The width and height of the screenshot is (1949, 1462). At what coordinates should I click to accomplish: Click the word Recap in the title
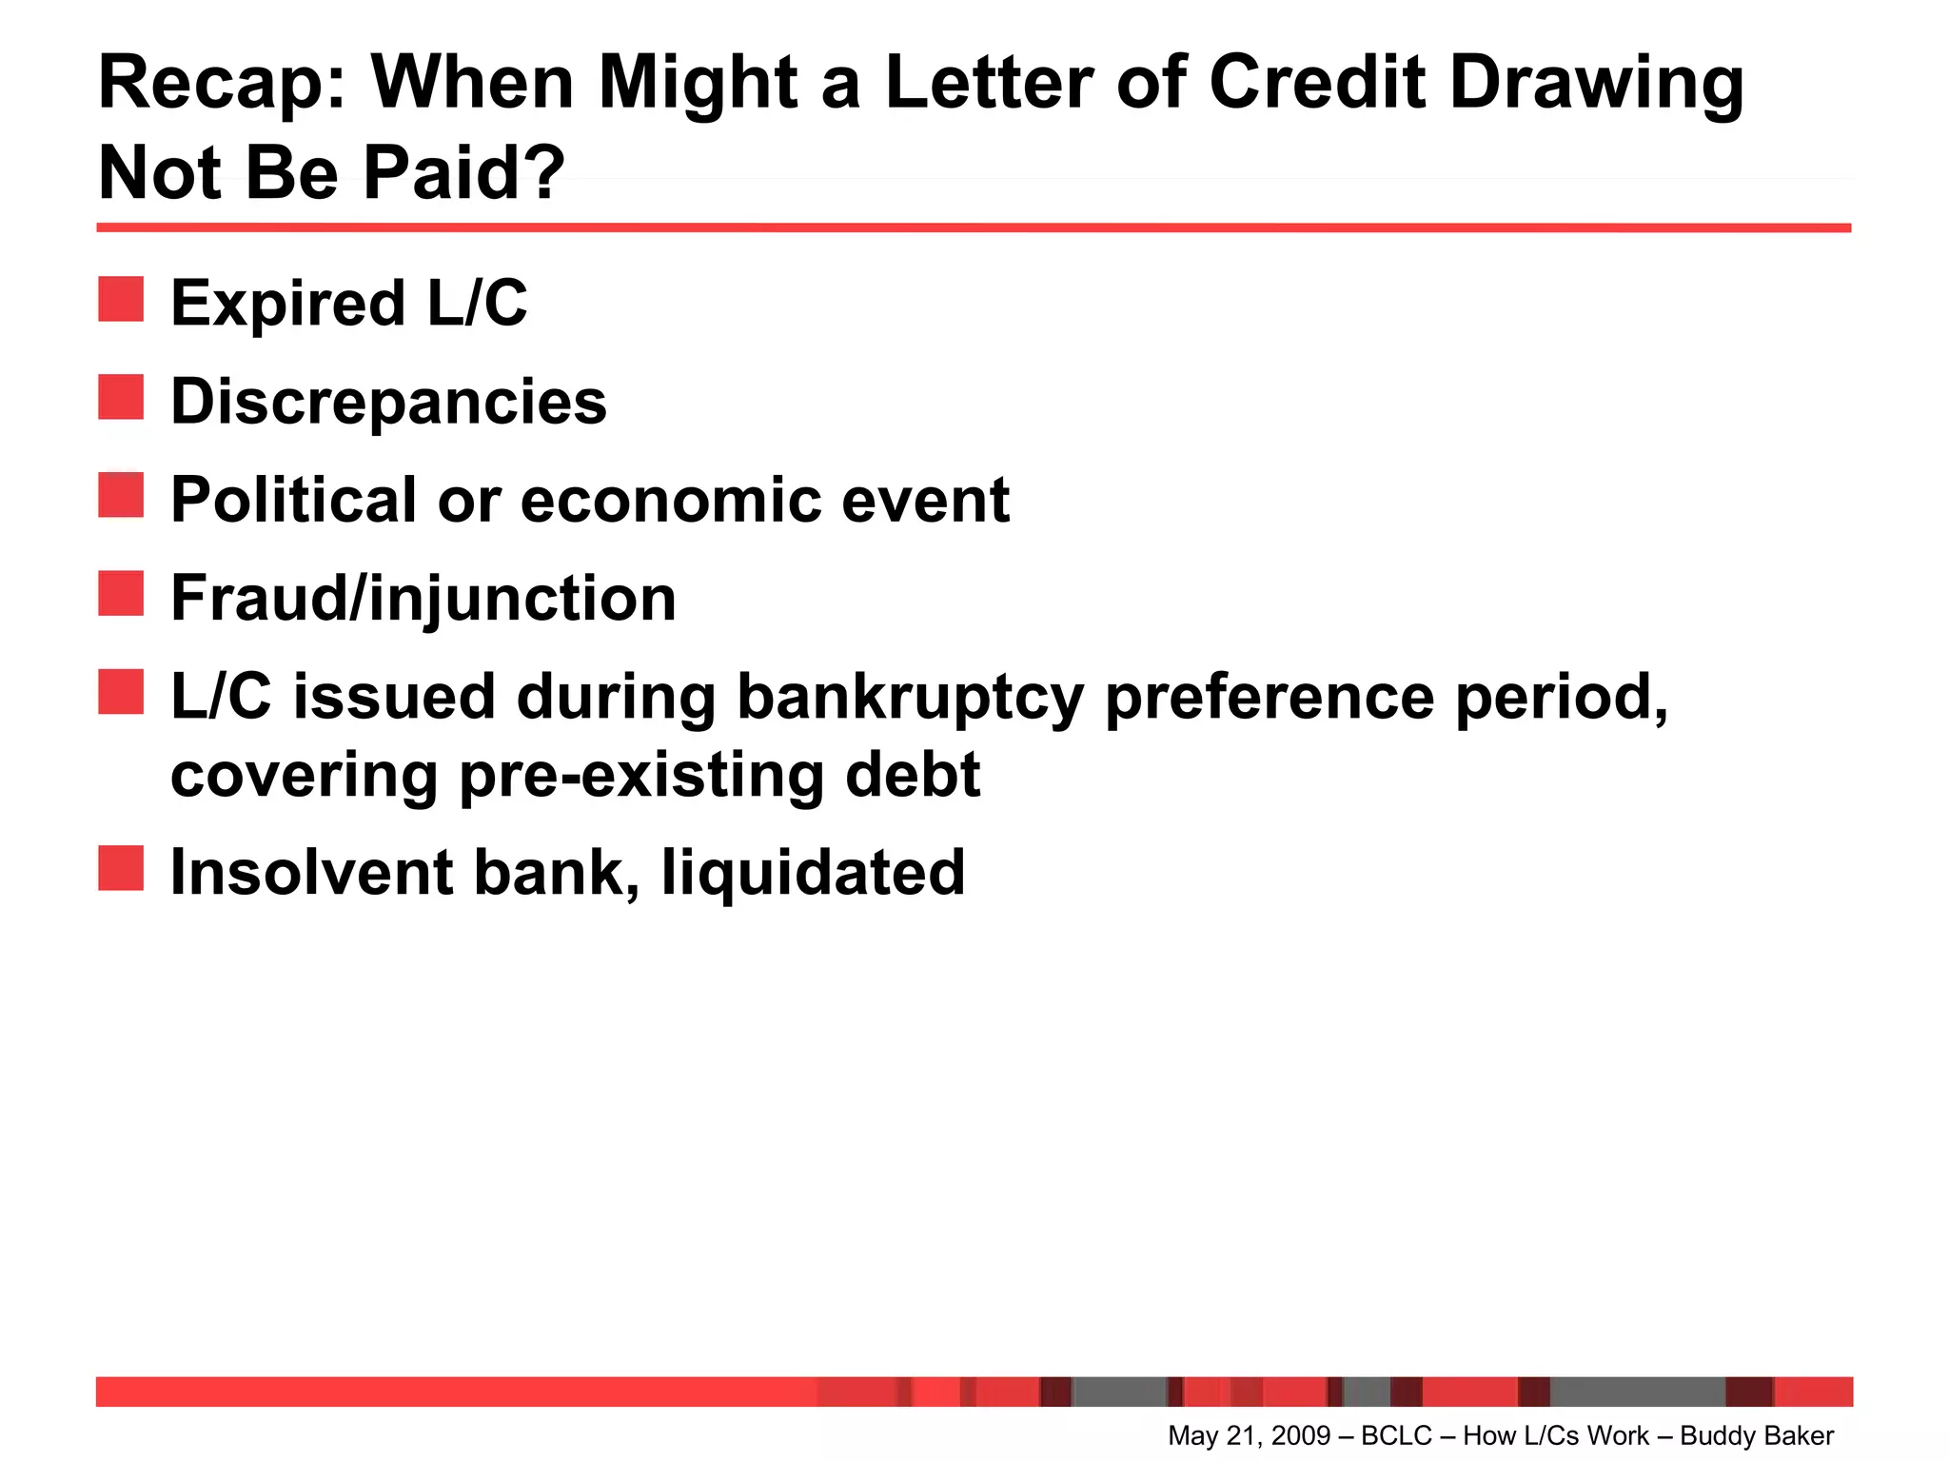pos(223,84)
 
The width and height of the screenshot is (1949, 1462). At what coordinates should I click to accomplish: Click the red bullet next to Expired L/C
pos(121,299)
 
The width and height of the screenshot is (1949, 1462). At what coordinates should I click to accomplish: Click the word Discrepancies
pos(388,402)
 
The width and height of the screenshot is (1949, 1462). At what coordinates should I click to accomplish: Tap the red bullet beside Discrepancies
pos(121,397)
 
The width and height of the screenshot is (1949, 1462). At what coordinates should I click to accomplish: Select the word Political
pos(294,500)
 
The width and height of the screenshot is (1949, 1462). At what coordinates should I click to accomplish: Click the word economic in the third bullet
pos(670,500)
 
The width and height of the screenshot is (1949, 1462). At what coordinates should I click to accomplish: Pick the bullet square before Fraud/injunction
pos(121,593)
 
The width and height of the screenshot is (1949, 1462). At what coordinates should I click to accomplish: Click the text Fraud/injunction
pos(423,599)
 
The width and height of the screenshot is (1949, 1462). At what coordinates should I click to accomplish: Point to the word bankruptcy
pos(911,698)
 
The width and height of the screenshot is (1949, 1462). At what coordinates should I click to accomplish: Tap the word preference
pos(1269,698)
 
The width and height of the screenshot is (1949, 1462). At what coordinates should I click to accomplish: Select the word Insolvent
pos(310,873)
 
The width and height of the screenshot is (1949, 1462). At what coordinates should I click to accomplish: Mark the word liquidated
pos(813,873)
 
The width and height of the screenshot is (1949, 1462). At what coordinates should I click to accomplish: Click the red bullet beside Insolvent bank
pos(121,868)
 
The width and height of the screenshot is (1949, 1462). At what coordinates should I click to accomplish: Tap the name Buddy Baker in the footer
pos(1757,1435)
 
